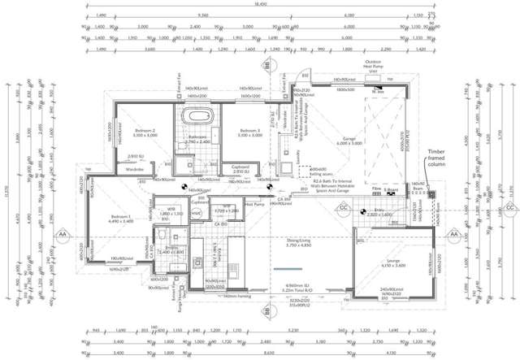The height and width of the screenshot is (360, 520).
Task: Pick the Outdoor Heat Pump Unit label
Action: [x=372, y=67]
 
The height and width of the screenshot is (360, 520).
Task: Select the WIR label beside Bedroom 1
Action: [x=173, y=210]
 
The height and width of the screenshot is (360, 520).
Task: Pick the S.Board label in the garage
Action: [x=392, y=188]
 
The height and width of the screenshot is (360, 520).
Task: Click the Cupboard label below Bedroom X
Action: [x=240, y=167]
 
